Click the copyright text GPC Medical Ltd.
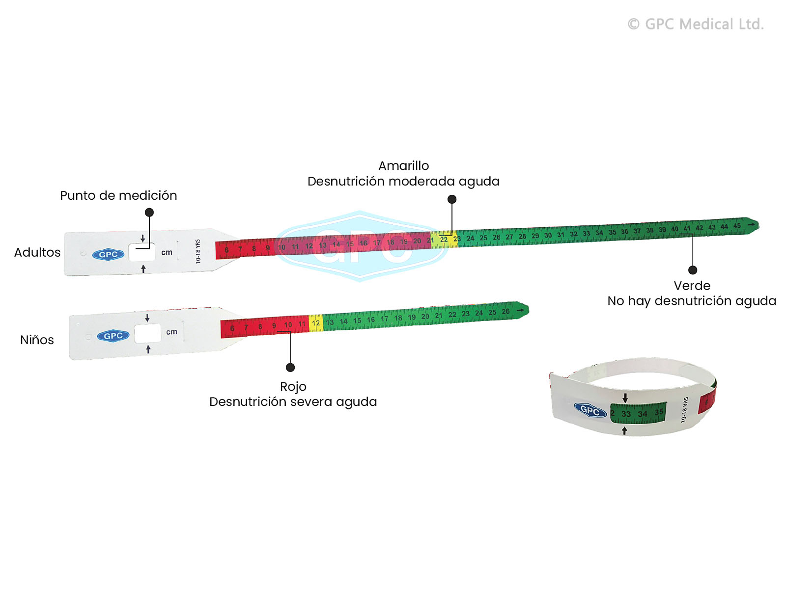[x=696, y=24]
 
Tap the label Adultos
[x=37, y=252]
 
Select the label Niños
[x=37, y=340]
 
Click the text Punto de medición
[x=118, y=195]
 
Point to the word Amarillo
[x=403, y=165]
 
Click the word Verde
[x=692, y=286]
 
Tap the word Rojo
[x=293, y=387]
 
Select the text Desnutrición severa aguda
[x=293, y=402]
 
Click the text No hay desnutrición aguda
[x=692, y=301]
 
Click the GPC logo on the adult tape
[x=108, y=254]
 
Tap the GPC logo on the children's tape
[x=113, y=336]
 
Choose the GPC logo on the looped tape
[x=590, y=410]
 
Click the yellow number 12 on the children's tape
[x=316, y=323]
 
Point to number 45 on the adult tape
[x=737, y=226]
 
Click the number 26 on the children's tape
[x=505, y=312]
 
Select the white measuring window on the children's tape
[x=147, y=334]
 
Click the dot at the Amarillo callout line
[x=452, y=199]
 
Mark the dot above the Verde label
[x=693, y=270]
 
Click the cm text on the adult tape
[x=167, y=252]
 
